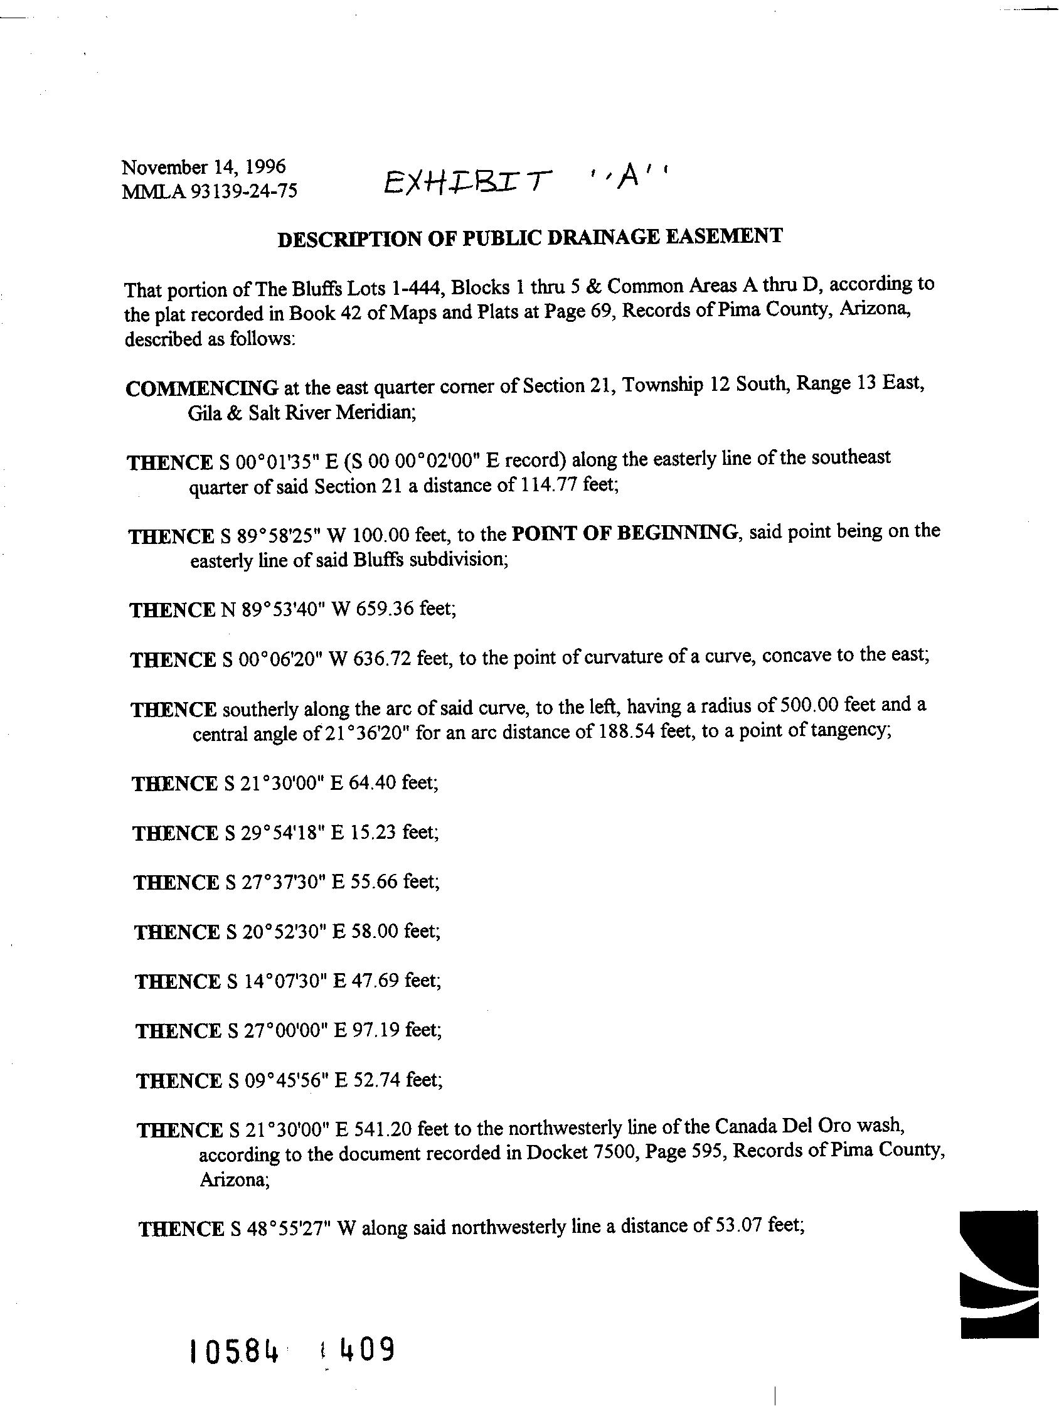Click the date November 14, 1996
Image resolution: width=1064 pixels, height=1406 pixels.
coord(203,167)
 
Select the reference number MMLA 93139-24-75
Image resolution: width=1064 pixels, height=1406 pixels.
coord(209,191)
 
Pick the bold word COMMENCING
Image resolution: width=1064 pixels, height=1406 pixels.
coord(201,387)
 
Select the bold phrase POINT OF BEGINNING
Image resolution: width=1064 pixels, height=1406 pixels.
coord(625,532)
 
